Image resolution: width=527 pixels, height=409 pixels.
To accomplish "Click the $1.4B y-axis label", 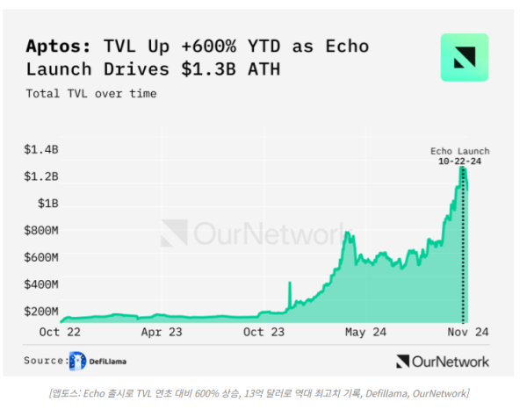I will pyautogui.click(x=41, y=149).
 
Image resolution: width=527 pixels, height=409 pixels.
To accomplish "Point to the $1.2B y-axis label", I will pyautogui.click(x=41, y=176).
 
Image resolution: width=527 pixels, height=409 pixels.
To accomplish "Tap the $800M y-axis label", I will pyautogui.click(x=41, y=231).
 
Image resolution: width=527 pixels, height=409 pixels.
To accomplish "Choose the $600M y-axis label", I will pyautogui.click(x=41, y=258).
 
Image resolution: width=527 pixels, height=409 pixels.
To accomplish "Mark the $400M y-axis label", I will pyautogui.click(x=41, y=285).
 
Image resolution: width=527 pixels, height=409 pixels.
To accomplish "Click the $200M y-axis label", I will pyautogui.click(x=41, y=312).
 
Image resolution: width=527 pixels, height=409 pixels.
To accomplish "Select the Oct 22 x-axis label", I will pyautogui.click(x=61, y=333).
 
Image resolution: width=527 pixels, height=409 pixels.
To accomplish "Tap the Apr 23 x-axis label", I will pyautogui.click(x=162, y=333).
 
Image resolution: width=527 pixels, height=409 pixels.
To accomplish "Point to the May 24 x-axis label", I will pyautogui.click(x=365, y=333).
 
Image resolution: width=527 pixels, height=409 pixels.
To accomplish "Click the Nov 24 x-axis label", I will pyautogui.click(x=466, y=333).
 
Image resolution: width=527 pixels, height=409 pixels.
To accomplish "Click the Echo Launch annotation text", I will pyautogui.click(x=459, y=151).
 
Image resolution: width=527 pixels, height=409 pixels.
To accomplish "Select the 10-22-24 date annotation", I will pyautogui.click(x=459, y=161).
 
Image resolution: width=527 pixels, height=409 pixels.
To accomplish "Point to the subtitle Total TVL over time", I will pyautogui.click(x=91, y=93).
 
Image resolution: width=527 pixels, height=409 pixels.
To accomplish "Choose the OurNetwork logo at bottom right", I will pyautogui.click(x=442, y=361).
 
